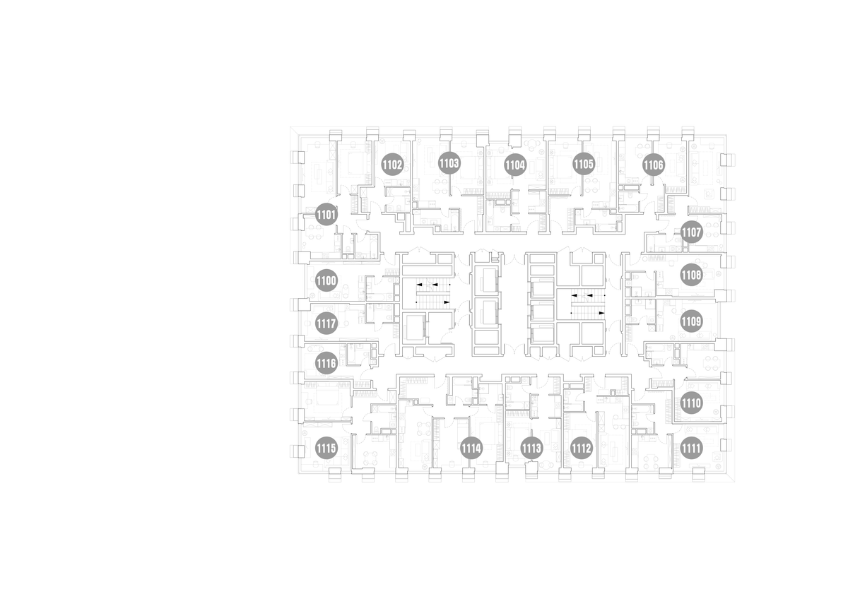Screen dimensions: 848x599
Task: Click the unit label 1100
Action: click(326, 280)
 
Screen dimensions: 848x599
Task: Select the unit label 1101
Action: click(326, 215)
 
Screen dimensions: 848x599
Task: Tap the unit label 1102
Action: click(392, 165)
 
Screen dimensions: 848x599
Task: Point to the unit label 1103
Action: click(449, 163)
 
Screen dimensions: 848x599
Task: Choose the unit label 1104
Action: click(516, 165)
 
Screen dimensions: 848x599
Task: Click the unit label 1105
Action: click(584, 164)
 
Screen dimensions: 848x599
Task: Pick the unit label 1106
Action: click(654, 165)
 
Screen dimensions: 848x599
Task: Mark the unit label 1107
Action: click(692, 232)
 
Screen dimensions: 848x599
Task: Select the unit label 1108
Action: click(692, 275)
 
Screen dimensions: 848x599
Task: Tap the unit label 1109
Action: click(692, 321)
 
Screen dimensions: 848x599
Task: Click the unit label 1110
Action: click(692, 403)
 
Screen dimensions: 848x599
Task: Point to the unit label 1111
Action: click(692, 449)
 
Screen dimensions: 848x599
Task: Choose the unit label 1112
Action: click(582, 449)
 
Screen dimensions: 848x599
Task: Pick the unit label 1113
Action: click(532, 449)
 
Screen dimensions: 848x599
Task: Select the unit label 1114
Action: click(471, 449)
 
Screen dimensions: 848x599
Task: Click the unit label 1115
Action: click(326, 449)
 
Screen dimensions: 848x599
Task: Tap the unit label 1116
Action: click(326, 364)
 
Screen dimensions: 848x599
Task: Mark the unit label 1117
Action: click(326, 324)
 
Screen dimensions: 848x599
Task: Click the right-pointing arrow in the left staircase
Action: click(447, 302)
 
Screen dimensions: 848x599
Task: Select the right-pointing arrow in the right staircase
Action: click(601, 313)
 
